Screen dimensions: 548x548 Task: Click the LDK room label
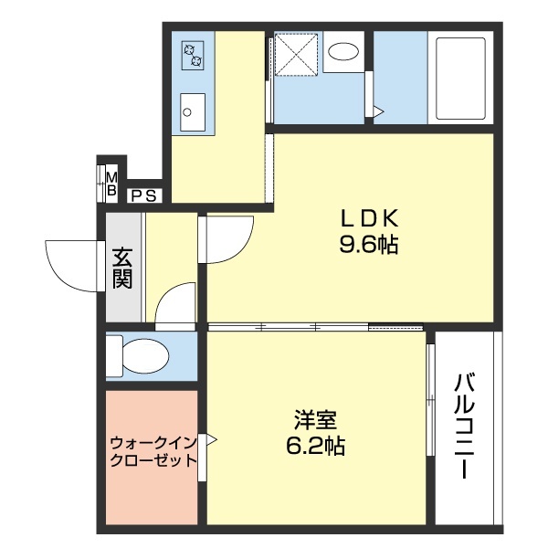click(x=369, y=218)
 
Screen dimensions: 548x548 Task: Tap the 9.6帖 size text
click(x=369, y=245)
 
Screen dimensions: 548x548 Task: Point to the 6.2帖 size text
click(x=316, y=448)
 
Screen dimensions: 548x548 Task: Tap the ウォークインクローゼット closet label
click(x=153, y=451)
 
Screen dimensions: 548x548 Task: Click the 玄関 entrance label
click(x=123, y=267)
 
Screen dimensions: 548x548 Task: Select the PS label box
click(x=144, y=194)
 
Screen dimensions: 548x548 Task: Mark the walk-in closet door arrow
click(x=211, y=440)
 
